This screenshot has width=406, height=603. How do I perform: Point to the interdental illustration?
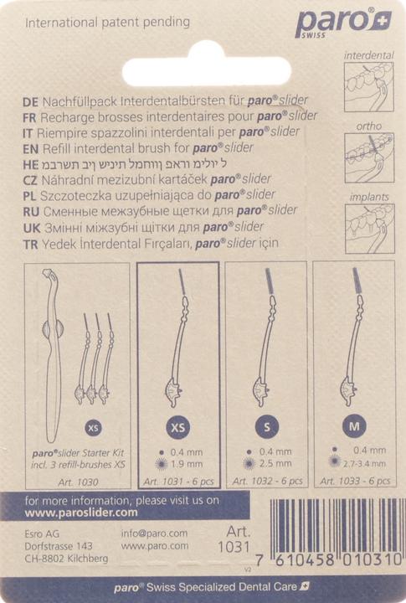tap(368, 84)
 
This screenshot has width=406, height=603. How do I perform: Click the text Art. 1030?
tap(80, 482)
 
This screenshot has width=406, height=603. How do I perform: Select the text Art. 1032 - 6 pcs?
tap(267, 482)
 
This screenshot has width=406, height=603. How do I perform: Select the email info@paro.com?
tap(154, 533)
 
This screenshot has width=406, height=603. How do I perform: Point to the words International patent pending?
tap(108, 23)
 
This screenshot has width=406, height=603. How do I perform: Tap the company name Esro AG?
tap(42, 533)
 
